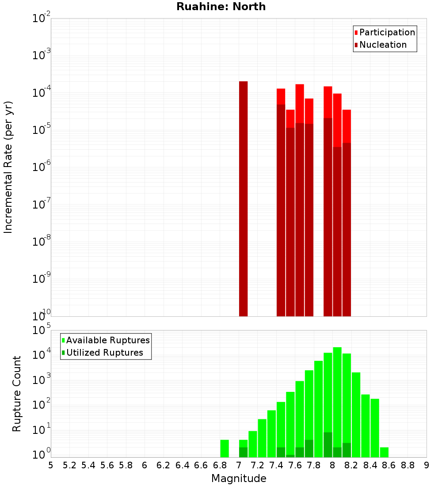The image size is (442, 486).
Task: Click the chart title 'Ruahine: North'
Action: tap(221, 7)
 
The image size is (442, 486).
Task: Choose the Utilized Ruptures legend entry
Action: tap(104, 353)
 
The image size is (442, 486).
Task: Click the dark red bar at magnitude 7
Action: tap(243, 199)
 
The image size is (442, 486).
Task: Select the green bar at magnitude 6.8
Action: tap(225, 448)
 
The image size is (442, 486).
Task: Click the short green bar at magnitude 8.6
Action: tap(384, 452)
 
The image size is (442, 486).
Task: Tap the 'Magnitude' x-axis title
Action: tap(239, 478)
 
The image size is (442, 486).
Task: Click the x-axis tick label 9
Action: tap(426, 465)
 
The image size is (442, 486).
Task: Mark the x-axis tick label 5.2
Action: tap(69, 465)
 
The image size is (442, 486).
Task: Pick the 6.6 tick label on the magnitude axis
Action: tap(201, 465)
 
